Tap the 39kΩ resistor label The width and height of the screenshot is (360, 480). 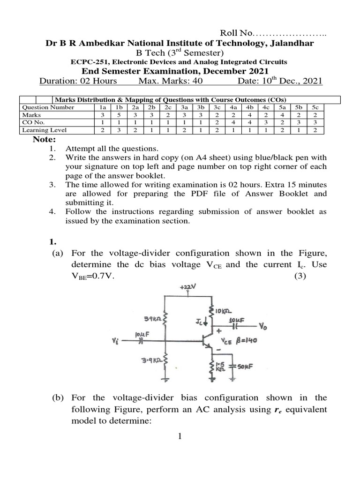152,319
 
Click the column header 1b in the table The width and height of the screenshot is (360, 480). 115,107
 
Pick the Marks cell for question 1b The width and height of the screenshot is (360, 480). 115,114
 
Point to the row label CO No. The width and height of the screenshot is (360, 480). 33,122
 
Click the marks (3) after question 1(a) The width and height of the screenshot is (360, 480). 300,276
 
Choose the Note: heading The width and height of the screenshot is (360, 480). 44,140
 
